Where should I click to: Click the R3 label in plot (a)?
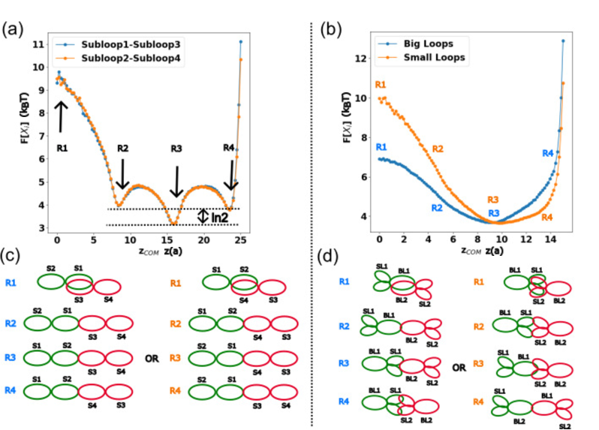point(176,149)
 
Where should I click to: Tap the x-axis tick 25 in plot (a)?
point(240,239)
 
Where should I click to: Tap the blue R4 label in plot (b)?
point(549,154)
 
